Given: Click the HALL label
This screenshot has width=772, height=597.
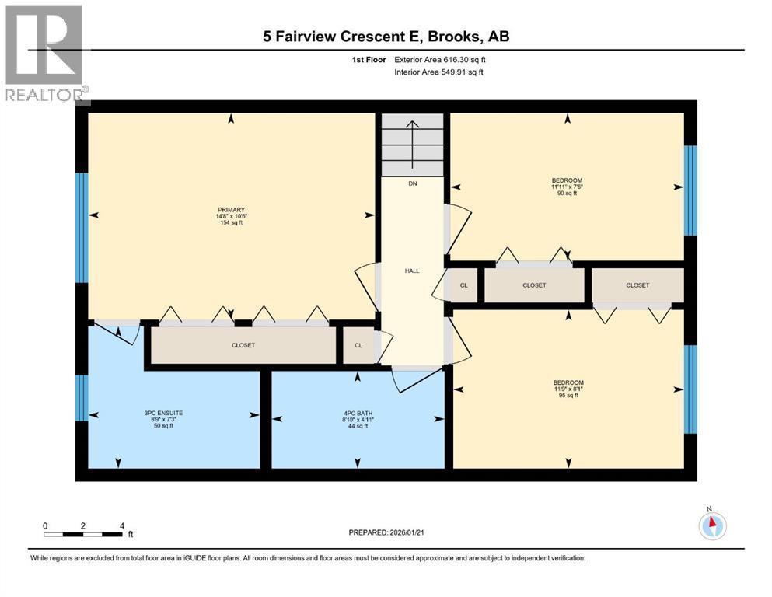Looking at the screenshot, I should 412,271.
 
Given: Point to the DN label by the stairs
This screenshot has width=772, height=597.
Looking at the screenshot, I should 413,184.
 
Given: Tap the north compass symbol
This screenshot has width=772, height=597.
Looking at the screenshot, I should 711,526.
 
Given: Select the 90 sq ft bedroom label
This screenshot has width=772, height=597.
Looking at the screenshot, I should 567,187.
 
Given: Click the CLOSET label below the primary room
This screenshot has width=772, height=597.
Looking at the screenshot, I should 243,345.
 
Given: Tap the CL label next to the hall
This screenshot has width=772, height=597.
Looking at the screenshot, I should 464,285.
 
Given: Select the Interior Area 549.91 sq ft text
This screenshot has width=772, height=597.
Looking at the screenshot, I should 438,72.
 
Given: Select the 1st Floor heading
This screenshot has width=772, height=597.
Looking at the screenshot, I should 368,59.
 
